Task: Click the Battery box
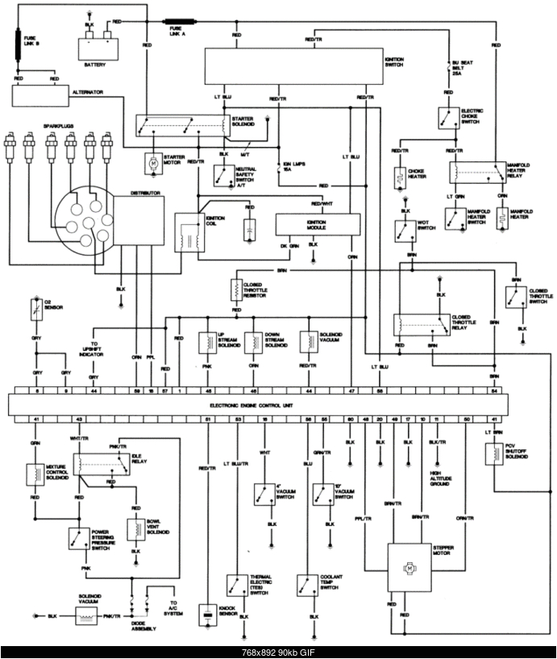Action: click(96, 48)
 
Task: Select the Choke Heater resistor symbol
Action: click(399, 177)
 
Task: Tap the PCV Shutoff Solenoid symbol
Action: click(493, 454)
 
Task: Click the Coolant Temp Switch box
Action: click(307, 584)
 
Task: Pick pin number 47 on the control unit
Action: click(351, 390)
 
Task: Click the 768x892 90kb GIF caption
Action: click(278, 652)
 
